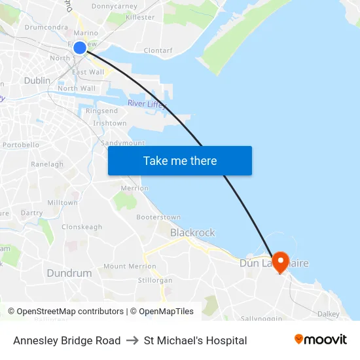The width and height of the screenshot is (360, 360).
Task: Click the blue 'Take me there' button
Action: (180, 160)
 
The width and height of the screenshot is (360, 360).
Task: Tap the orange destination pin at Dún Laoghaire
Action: (280, 262)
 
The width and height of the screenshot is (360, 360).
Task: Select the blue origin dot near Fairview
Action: (80, 48)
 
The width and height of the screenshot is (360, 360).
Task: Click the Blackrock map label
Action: (192, 232)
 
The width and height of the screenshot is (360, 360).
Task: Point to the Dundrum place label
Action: (69, 273)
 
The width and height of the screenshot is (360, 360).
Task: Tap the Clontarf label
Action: (158, 50)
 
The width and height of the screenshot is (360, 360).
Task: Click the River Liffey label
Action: (147, 104)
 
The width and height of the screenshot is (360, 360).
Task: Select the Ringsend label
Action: (101, 111)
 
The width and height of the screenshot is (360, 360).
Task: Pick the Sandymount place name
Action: (122, 143)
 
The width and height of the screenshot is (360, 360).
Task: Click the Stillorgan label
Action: (156, 280)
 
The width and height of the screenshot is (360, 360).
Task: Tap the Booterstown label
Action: (158, 217)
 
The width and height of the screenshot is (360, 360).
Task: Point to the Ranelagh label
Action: (46, 164)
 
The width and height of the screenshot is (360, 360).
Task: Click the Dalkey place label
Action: (329, 314)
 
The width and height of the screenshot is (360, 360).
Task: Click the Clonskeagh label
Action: (82, 227)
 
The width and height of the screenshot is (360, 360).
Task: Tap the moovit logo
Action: (320, 340)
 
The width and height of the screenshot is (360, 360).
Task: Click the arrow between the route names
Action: (132, 340)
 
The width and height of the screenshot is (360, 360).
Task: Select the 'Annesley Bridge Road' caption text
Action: (67, 340)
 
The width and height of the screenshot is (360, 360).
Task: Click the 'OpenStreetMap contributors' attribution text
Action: (70, 312)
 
